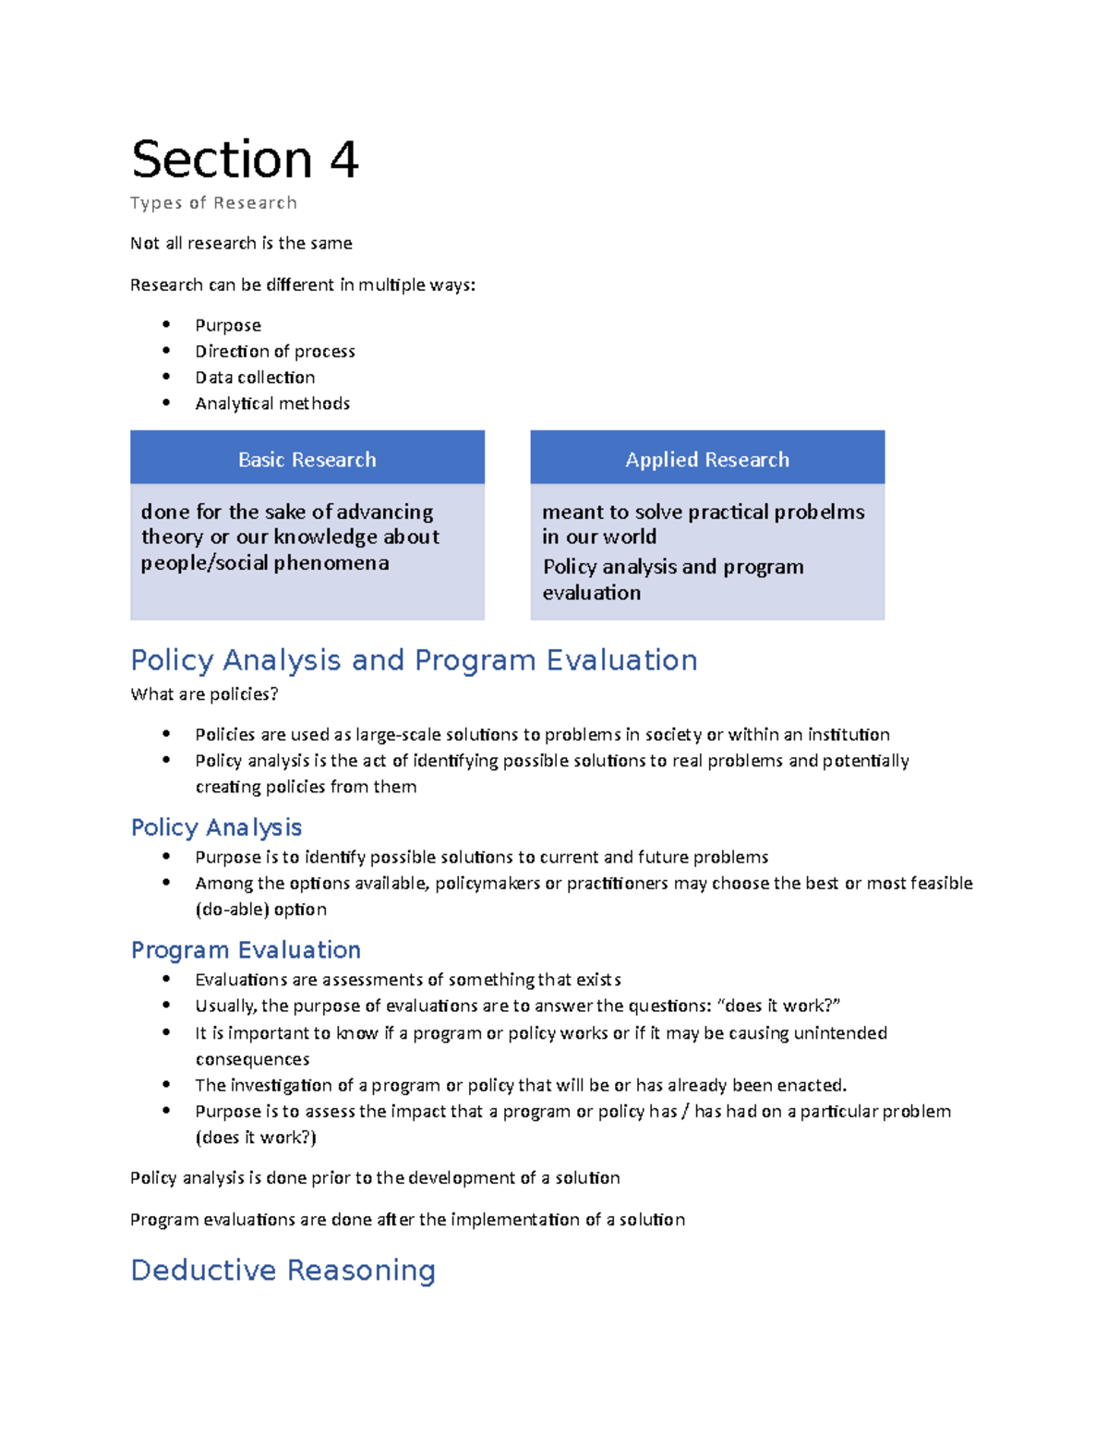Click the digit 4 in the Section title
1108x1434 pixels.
pos(343,160)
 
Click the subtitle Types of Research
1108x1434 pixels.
pos(213,203)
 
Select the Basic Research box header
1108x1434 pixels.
pos(307,459)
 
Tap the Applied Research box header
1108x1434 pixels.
pos(707,459)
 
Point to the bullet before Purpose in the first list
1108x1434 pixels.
pos(166,324)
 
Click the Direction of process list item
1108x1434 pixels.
pos(274,352)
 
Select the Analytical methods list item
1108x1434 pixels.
pos(272,404)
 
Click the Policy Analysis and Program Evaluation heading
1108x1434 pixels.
pos(414,660)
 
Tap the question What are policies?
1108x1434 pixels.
pos(204,694)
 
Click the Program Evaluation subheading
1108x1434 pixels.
pos(246,950)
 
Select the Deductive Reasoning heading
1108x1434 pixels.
pos(283,1271)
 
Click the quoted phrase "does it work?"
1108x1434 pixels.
pos(778,1006)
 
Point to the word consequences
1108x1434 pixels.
pos(252,1059)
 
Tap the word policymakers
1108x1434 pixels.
pos(488,884)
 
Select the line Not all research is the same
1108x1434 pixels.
pos(241,244)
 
